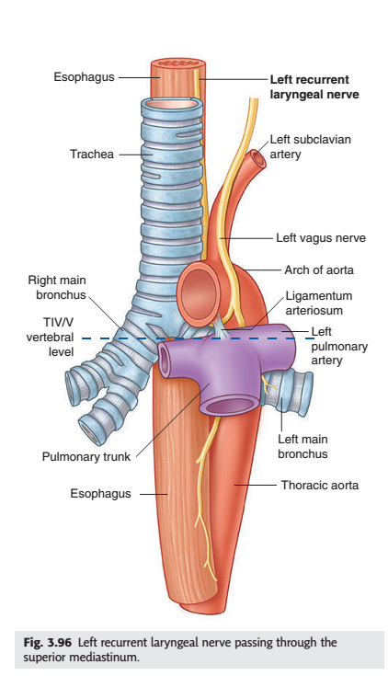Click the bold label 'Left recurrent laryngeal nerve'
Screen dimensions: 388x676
click(314, 86)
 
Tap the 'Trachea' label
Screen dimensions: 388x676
click(92, 154)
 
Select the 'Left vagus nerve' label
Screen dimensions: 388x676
click(321, 238)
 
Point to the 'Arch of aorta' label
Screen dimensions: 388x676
click(319, 270)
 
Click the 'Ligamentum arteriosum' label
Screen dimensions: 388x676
click(319, 304)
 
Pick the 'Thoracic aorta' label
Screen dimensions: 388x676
click(320, 485)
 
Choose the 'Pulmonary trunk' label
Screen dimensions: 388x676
click(86, 456)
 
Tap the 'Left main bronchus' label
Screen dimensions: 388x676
click(302, 446)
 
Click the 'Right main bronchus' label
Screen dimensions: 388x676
click(57, 287)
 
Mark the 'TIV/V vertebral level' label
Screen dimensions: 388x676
click(50, 338)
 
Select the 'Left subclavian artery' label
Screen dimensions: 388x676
click(311, 146)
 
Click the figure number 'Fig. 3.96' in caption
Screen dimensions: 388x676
click(48, 642)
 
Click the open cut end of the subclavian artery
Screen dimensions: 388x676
click(259, 158)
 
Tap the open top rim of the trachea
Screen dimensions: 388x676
click(171, 103)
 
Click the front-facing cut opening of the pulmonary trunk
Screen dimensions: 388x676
click(229, 407)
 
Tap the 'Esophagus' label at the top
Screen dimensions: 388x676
click(84, 76)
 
